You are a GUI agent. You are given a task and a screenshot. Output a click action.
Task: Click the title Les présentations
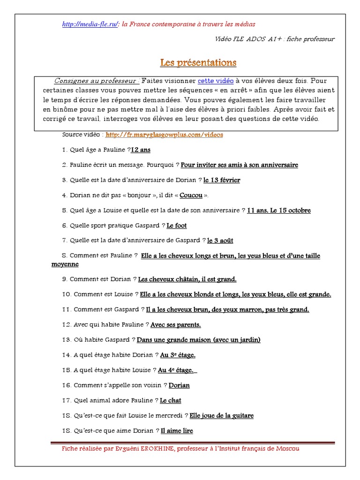(198, 62)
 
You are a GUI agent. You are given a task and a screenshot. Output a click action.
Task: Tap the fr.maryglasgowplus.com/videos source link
(165, 135)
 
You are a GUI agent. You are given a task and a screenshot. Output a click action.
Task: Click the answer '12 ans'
(141, 150)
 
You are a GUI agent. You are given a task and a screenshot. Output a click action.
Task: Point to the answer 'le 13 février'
(222, 180)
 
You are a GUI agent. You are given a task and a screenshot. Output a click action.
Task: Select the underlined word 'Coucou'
(191, 195)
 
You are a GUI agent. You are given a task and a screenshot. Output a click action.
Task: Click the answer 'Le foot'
(177, 225)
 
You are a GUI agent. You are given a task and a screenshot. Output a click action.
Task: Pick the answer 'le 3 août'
(220, 240)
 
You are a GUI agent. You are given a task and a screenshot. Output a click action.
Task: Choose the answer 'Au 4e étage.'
(176, 370)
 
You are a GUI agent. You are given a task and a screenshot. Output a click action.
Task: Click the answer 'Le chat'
(171, 401)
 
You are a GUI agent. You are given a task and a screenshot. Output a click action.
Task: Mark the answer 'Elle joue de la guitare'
(221, 416)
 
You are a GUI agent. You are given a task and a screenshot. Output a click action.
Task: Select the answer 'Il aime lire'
(177, 431)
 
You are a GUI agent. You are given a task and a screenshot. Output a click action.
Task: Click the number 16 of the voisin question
(66, 385)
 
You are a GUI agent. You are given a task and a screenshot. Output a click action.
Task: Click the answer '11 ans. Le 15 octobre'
(279, 210)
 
